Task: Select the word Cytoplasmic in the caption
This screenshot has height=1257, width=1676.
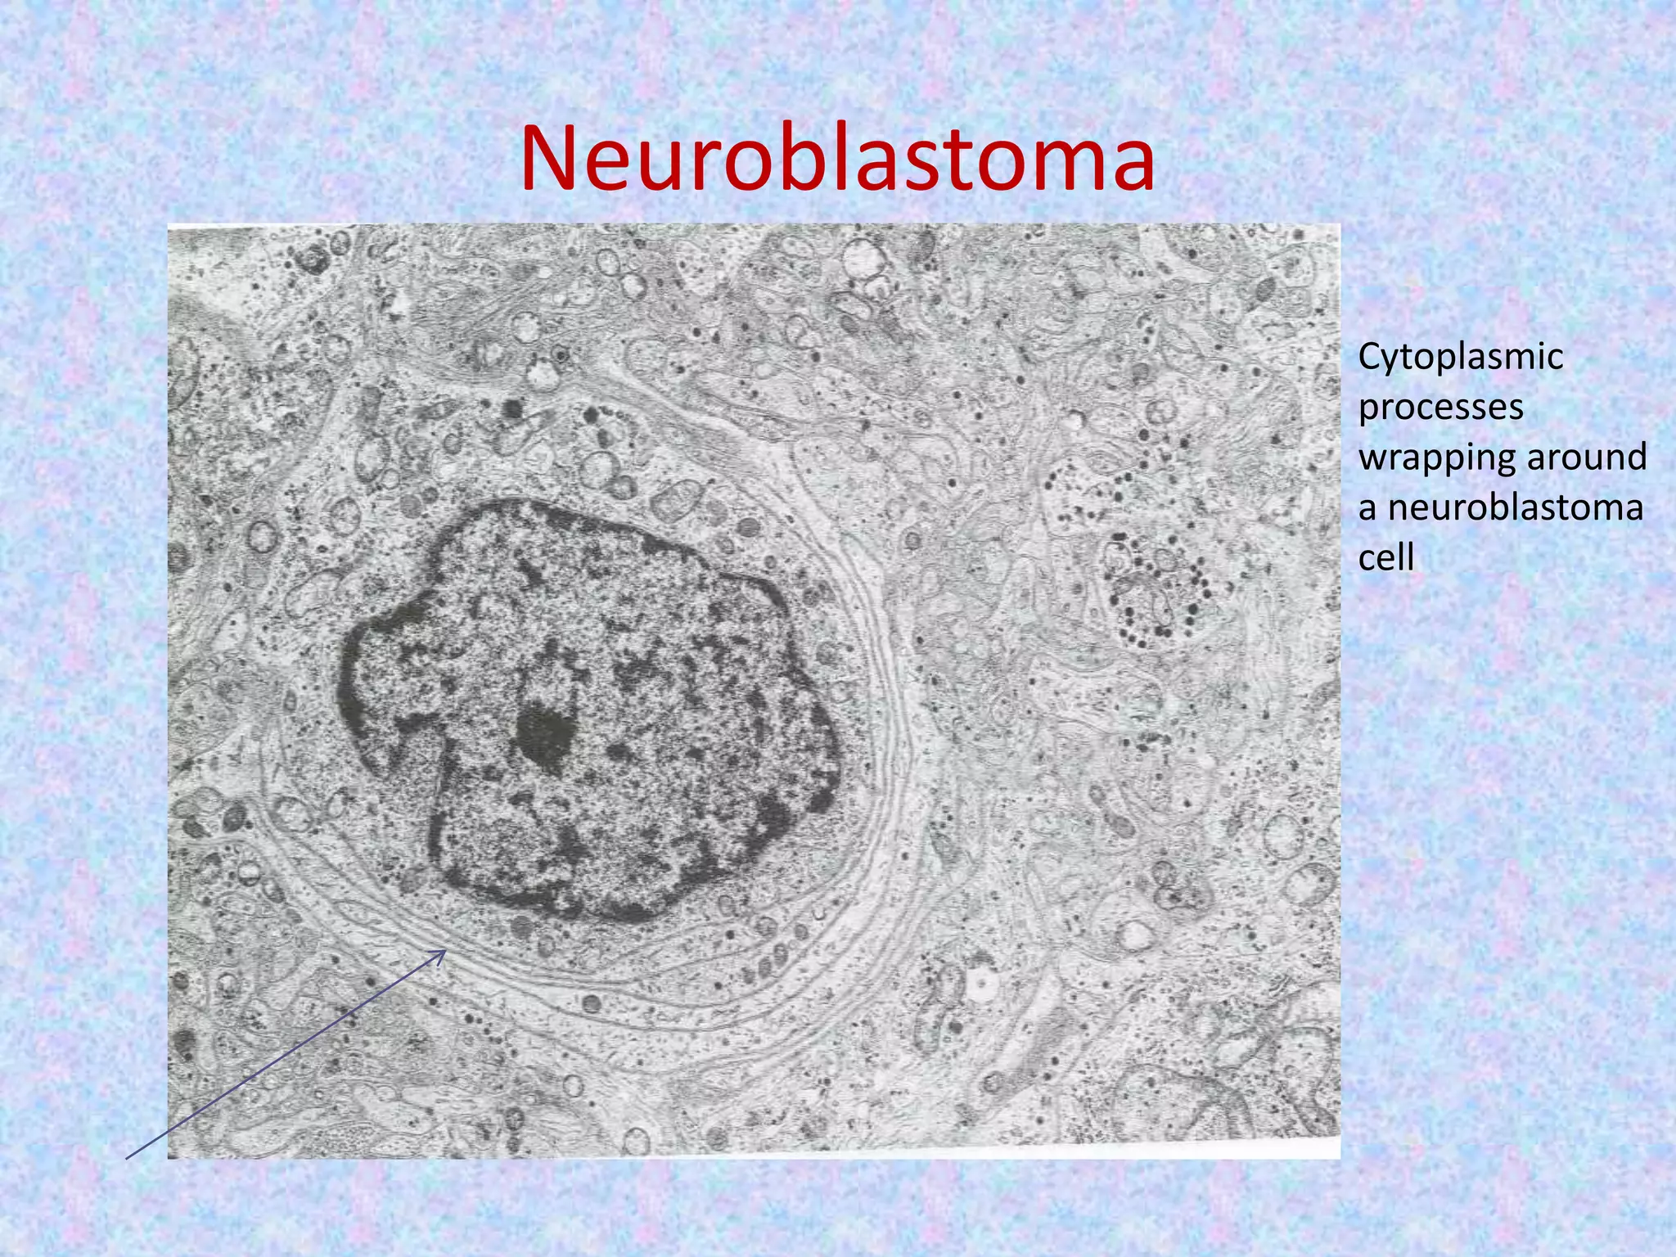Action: (1461, 358)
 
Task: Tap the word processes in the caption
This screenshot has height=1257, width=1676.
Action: (1441, 407)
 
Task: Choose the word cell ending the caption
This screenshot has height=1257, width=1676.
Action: (1386, 558)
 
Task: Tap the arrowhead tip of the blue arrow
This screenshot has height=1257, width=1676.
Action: (445, 951)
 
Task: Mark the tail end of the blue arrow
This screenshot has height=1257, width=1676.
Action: (127, 1158)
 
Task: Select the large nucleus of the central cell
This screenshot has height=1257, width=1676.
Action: (589, 712)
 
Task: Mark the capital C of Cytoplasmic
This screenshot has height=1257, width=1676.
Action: (1372, 357)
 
